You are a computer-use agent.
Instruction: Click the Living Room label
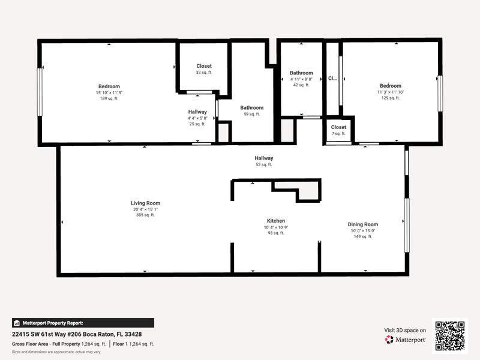click(145, 203)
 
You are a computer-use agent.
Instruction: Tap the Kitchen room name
click(276, 221)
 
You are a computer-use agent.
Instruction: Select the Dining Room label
click(363, 224)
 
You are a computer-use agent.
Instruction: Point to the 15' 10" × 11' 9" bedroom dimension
click(109, 93)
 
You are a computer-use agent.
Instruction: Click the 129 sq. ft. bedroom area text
click(391, 98)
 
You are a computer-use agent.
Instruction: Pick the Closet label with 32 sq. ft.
click(204, 66)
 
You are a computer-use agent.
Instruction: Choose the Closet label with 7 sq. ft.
click(338, 127)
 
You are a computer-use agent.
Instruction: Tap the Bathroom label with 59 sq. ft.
click(251, 108)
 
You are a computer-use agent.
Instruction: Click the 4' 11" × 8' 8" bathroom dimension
click(301, 79)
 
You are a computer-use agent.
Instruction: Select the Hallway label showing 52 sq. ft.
click(264, 158)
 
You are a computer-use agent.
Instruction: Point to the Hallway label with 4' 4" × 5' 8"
click(197, 112)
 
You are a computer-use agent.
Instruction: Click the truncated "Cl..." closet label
click(332, 79)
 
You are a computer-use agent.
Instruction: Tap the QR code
click(449, 336)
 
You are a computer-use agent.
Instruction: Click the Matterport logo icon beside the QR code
click(389, 340)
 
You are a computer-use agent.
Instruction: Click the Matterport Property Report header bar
click(83, 323)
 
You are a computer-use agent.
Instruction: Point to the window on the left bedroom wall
click(40, 92)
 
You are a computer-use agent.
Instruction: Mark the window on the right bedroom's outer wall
click(440, 94)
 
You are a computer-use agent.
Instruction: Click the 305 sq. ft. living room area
click(145, 215)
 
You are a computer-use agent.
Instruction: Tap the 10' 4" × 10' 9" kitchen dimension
click(276, 227)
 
